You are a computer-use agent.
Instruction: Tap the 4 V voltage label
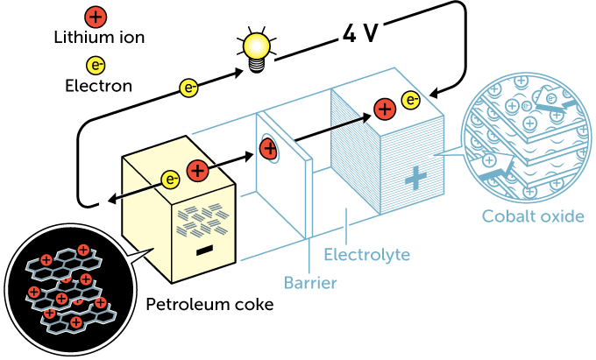pyautogui.click(x=361, y=33)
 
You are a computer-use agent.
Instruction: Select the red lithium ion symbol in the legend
pyautogui.click(x=96, y=16)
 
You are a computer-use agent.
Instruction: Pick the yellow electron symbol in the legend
pyautogui.click(x=96, y=65)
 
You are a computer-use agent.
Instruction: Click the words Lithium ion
pyautogui.click(x=98, y=38)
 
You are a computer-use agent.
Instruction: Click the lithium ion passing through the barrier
pyautogui.click(x=268, y=149)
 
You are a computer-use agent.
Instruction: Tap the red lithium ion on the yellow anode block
pyautogui.click(x=199, y=172)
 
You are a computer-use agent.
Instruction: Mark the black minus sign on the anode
pyautogui.click(x=204, y=251)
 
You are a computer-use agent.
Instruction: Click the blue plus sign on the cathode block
pyautogui.click(x=415, y=178)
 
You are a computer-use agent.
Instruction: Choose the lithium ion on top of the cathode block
pyautogui.click(x=384, y=109)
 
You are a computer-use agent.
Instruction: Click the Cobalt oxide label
pyautogui.click(x=532, y=216)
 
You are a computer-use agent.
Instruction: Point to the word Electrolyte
pyautogui.click(x=365, y=255)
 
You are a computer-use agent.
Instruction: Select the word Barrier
pyautogui.click(x=310, y=282)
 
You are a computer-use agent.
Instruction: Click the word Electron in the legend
pyautogui.click(x=98, y=86)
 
